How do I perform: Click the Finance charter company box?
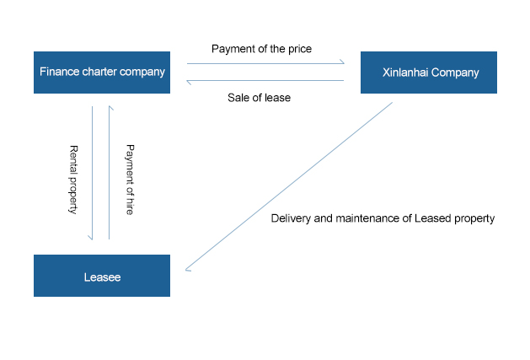[x=101, y=73]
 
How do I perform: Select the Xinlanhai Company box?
[x=428, y=73]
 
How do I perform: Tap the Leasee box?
[x=101, y=276]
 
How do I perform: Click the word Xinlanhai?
[x=402, y=73]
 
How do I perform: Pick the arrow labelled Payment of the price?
[x=265, y=62]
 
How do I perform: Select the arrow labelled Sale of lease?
[x=265, y=81]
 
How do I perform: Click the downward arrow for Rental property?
[x=91, y=172]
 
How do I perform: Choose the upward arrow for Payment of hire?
[x=109, y=172]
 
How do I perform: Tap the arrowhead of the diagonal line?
[x=187, y=270]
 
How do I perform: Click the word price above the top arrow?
[x=298, y=49]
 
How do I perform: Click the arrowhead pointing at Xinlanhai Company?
[x=342, y=62]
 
